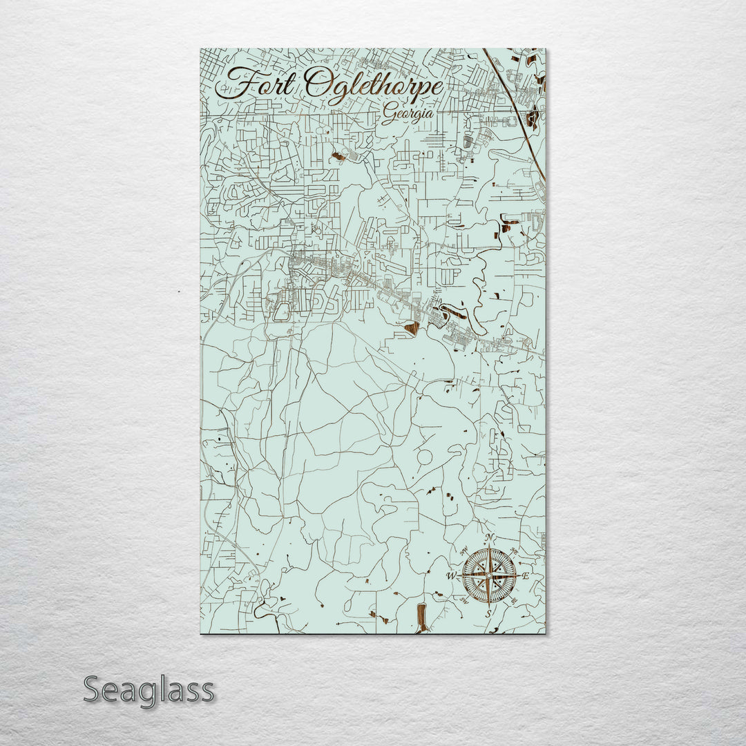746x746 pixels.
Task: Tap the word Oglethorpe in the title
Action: [373, 88]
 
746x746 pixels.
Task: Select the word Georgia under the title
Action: [408, 114]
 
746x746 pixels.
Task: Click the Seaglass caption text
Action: [149, 689]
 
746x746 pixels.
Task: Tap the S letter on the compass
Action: [488, 613]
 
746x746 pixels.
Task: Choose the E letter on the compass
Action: [526, 576]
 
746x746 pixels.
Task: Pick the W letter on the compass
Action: [451, 575]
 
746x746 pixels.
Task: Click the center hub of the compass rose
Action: [489, 575]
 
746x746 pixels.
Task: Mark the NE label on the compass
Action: [513, 551]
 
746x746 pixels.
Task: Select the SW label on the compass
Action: [464, 600]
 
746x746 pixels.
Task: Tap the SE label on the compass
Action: [514, 600]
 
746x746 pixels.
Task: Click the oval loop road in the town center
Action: [282, 312]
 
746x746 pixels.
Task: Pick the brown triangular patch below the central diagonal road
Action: [412, 328]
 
